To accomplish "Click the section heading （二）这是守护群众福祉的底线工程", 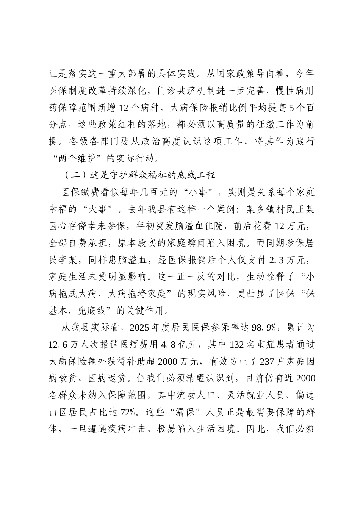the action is click(x=138, y=175).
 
